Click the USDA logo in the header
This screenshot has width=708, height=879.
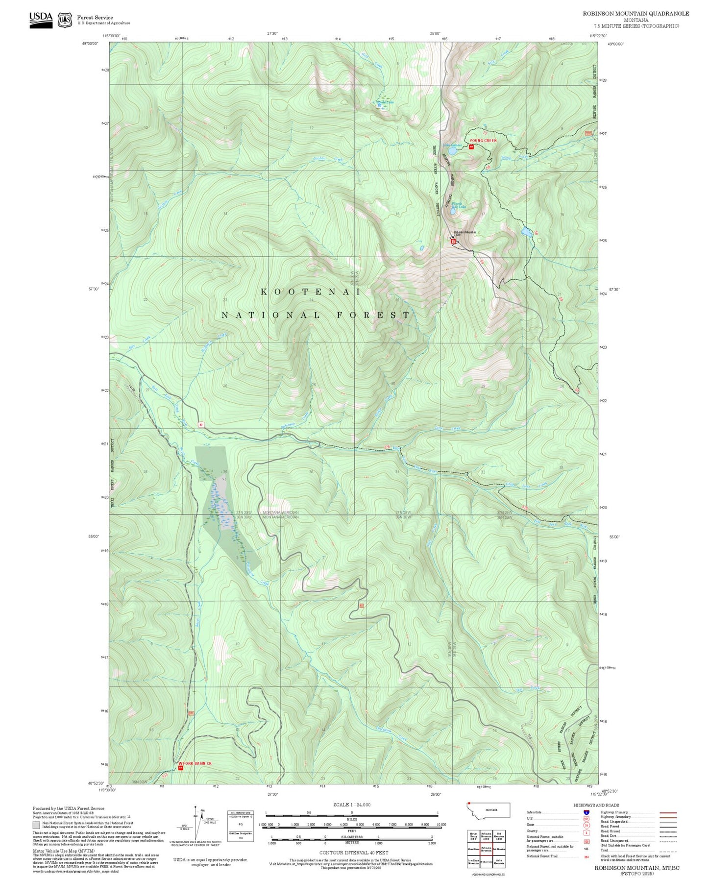pyautogui.click(x=41, y=20)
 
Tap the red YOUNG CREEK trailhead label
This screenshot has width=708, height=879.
pyautogui.click(x=483, y=141)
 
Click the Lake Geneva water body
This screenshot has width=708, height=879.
pyautogui.click(x=451, y=152)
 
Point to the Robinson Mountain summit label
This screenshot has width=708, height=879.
pyautogui.click(x=464, y=232)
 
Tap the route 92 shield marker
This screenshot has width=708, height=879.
pyautogui.click(x=201, y=424)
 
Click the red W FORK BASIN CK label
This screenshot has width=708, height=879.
pyautogui.click(x=195, y=763)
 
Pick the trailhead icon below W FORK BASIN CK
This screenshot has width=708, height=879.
pyautogui.click(x=180, y=768)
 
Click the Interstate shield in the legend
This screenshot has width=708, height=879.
pyautogui.click(x=586, y=812)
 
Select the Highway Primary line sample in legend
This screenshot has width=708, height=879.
pyautogui.click(x=668, y=812)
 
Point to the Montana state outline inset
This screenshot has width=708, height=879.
pyautogui.click(x=488, y=810)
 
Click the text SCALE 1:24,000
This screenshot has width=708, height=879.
pyautogui.click(x=352, y=805)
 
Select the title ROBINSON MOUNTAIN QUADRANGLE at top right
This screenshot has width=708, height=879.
pyautogui.click(x=635, y=14)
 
